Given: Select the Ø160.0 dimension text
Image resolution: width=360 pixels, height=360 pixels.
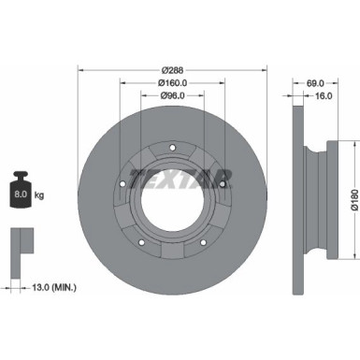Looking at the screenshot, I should tap(171, 82).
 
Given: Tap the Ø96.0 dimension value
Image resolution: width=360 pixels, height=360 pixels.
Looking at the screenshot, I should tap(171, 95).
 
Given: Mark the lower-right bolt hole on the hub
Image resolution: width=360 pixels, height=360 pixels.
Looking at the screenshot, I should tap(205, 246).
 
